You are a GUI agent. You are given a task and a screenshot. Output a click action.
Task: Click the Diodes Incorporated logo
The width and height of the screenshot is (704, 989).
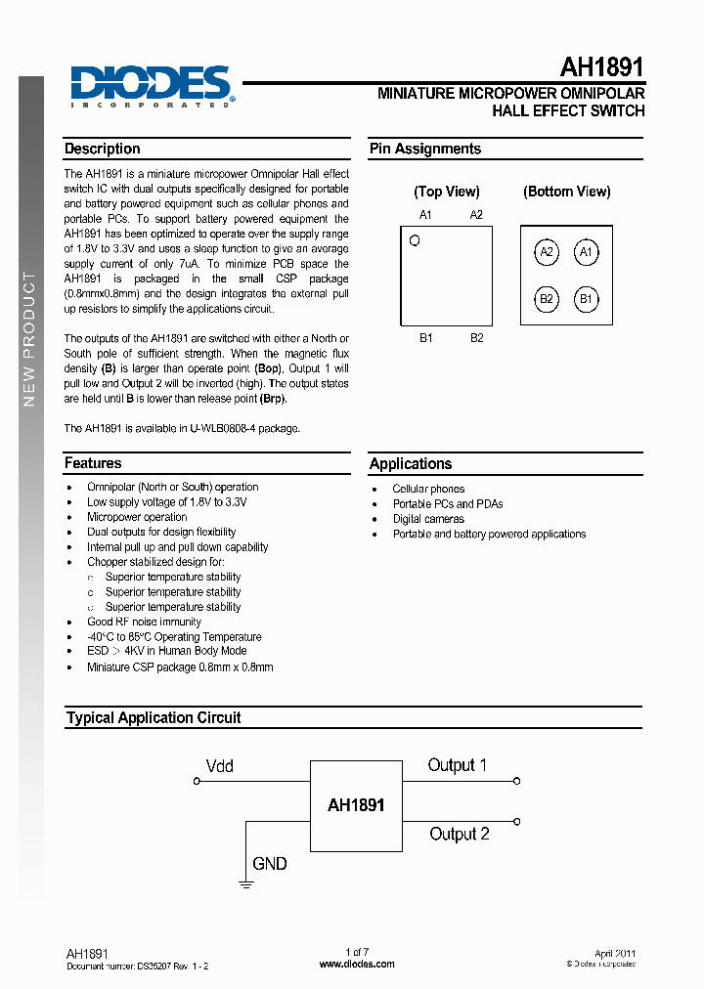152,86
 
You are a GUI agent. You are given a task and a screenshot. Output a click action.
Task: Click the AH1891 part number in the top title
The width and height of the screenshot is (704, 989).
601,67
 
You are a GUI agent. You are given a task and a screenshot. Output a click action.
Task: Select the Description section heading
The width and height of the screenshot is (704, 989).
103,150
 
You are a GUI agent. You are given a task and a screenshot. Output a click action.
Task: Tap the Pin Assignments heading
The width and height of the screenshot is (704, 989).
424,150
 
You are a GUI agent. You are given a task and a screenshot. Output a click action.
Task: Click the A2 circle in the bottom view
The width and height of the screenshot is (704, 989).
547,253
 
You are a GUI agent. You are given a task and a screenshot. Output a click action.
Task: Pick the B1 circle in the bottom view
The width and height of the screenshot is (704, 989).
586,299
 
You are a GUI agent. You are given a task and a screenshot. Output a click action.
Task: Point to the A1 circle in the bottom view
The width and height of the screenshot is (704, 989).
586,253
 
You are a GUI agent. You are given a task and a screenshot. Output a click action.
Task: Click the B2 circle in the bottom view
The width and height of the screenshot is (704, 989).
547,299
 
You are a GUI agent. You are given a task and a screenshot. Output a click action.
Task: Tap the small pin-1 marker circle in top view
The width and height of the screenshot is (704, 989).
415,240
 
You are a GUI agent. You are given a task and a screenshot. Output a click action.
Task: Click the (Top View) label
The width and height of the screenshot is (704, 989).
447,192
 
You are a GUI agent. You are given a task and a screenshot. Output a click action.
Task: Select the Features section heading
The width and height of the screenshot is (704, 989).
93,463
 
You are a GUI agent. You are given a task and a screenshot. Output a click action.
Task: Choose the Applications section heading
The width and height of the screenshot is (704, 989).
411,464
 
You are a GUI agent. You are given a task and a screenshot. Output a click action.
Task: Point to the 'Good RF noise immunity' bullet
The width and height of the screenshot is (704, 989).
144,622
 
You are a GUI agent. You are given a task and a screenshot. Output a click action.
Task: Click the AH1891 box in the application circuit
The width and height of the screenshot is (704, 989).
356,806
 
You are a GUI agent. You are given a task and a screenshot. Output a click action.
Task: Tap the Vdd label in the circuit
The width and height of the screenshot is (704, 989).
220,766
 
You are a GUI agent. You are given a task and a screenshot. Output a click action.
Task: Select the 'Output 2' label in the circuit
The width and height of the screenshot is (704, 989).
459,835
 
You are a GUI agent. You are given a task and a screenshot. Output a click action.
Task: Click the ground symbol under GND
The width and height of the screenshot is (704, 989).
245,883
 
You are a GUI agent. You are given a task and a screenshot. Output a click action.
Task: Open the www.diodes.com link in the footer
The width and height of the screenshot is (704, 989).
357,964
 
